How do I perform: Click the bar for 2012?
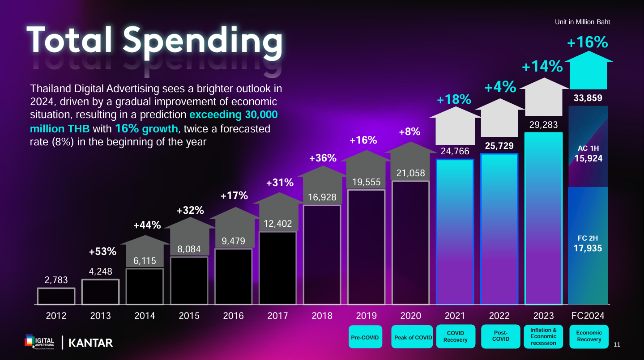coord(56,296)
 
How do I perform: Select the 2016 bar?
coord(233,276)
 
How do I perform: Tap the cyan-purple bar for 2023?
coord(543,218)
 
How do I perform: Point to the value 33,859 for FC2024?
coord(588,98)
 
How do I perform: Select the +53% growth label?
coord(102,252)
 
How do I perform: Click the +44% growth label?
coord(147,225)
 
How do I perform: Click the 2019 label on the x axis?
coord(366,316)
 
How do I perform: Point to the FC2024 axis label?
coord(588,316)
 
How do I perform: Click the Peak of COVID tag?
coord(413,337)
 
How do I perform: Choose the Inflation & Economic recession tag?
coord(543,337)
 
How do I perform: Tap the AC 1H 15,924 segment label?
coord(588,153)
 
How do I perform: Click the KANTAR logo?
coord(91,343)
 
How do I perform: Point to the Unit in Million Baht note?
coord(582,22)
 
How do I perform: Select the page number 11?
coord(617,344)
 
